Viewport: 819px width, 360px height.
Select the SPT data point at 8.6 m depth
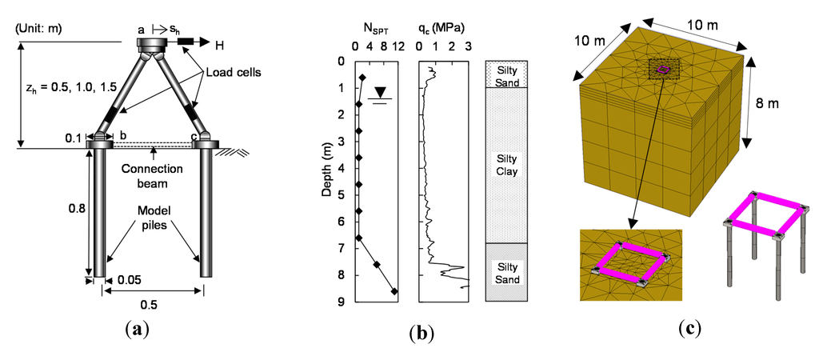tap(394, 292)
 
